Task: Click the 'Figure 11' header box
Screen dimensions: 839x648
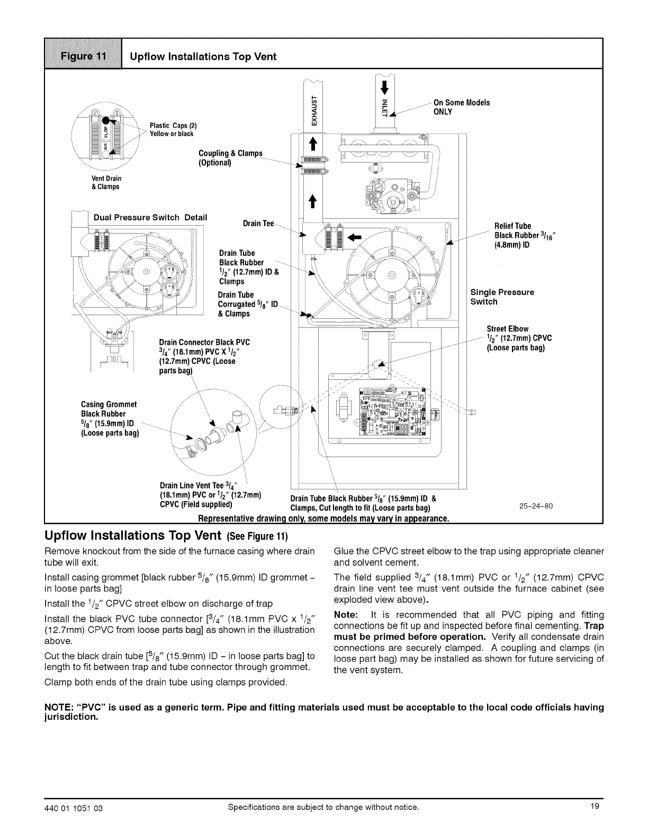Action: tap(84, 56)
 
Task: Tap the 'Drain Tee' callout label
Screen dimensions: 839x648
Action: tap(258, 224)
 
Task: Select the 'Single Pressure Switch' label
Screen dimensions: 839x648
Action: tap(502, 297)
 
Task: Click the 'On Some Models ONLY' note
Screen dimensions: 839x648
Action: tap(461, 106)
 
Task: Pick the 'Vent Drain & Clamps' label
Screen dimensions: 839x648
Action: tap(106, 183)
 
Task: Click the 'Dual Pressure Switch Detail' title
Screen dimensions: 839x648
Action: tap(150, 218)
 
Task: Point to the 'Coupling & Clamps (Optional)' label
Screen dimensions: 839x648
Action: tap(230, 158)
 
